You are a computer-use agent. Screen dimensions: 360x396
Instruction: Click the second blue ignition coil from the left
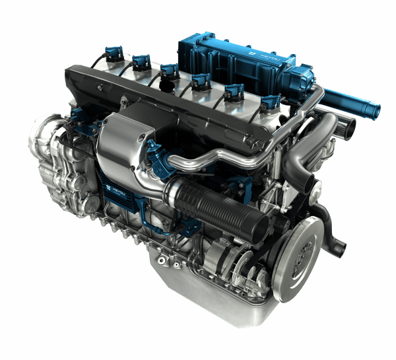tap(141, 61)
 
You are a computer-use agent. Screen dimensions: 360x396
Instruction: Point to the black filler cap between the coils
tap(170, 86)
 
